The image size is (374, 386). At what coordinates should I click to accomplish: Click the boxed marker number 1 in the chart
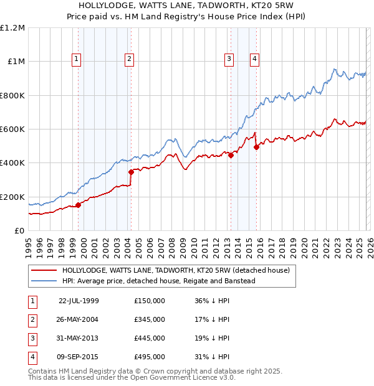click(x=76, y=59)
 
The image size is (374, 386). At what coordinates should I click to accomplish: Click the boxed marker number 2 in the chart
click(x=129, y=59)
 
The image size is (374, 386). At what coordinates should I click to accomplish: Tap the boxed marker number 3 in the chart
click(x=229, y=59)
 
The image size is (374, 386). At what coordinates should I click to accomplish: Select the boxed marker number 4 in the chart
click(x=255, y=59)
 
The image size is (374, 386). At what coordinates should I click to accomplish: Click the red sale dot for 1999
click(x=78, y=205)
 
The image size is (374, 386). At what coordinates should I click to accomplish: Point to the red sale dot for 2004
click(x=131, y=172)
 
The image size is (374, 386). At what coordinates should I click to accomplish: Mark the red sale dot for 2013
click(x=231, y=156)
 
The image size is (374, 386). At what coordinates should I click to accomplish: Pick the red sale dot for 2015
click(x=256, y=147)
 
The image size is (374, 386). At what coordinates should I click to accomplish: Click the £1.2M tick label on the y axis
click(x=12, y=28)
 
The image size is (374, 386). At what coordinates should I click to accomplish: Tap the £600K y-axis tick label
click(x=12, y=129)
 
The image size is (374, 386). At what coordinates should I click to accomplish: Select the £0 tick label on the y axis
click(x=19, y=231)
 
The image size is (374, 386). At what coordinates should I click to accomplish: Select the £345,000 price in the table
click(x=150, y=319)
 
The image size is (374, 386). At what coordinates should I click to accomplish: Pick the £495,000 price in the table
click(x=150, y=357)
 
